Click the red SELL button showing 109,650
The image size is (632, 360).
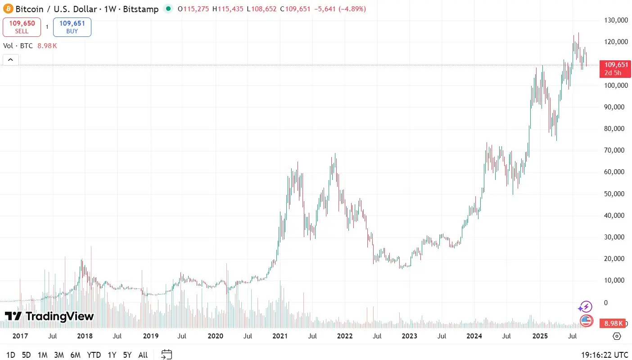pyautogui.click(x=22, y=27)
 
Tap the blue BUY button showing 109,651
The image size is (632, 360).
pyautogui.click(x=72, y=27)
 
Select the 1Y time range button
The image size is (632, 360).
pyautogui.click(x=112, y=355)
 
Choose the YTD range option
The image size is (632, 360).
pyautogui.click(x=94, y=355)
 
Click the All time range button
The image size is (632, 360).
pyautogui.click(x=143, y=355)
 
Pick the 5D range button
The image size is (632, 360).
pyautogui.click(x=27, y=355)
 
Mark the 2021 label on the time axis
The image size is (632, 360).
pyautogui.click(x=280, y=336)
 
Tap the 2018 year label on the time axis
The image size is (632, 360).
pyautogui.click(x=85, y=336)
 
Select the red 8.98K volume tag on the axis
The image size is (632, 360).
pyautogui.click(x=613, y=323)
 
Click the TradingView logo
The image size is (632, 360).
pyautogui.click(x=50, y=316)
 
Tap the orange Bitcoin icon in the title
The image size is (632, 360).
pyautogui.click(x=8, y=9)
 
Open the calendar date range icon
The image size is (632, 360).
pyautogui.click(x=167, y=355)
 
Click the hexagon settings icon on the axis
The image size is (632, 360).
pyautogui.click(x=617, y=336)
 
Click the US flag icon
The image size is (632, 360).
pyautogui.click(x=586, y=320)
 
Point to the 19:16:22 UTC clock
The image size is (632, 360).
pyautogui.click(x=605, y=355)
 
